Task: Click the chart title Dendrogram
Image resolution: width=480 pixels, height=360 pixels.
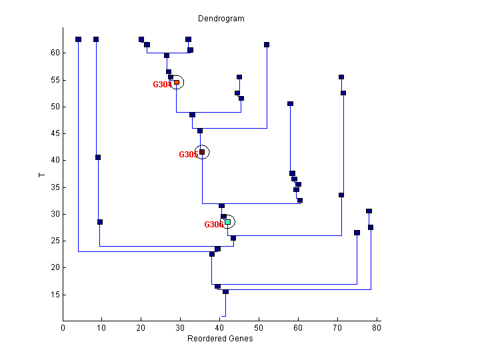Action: click(221, 19)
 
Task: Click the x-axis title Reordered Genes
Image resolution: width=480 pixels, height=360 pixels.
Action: click(220, 339)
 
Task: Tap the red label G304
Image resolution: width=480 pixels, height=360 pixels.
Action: click(162, 85)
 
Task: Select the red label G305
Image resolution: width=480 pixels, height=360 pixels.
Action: click(188, 155)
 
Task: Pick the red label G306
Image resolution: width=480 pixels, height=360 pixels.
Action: click(213, 225)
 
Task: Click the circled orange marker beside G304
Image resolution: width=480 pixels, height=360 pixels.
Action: click(177, 82)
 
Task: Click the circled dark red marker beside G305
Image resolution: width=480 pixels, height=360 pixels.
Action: click(202, 152)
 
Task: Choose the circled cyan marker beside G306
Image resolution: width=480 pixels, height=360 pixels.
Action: click(227, 222)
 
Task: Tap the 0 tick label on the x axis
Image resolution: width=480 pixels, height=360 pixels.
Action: click(63, 327)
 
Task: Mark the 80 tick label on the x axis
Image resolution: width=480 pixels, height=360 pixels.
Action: click(377, 327)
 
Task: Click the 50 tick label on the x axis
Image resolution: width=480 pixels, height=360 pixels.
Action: click(259, 327)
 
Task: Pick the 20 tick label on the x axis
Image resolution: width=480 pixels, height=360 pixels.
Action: click(141, 327)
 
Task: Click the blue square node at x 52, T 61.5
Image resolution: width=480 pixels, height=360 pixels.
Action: click(267, 45)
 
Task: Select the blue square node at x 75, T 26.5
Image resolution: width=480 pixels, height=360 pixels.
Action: click(357, 233)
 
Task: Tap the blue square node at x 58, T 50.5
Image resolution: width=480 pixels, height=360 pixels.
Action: click(290, 104)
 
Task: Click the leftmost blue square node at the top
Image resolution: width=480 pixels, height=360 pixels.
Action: click(79, 39)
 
